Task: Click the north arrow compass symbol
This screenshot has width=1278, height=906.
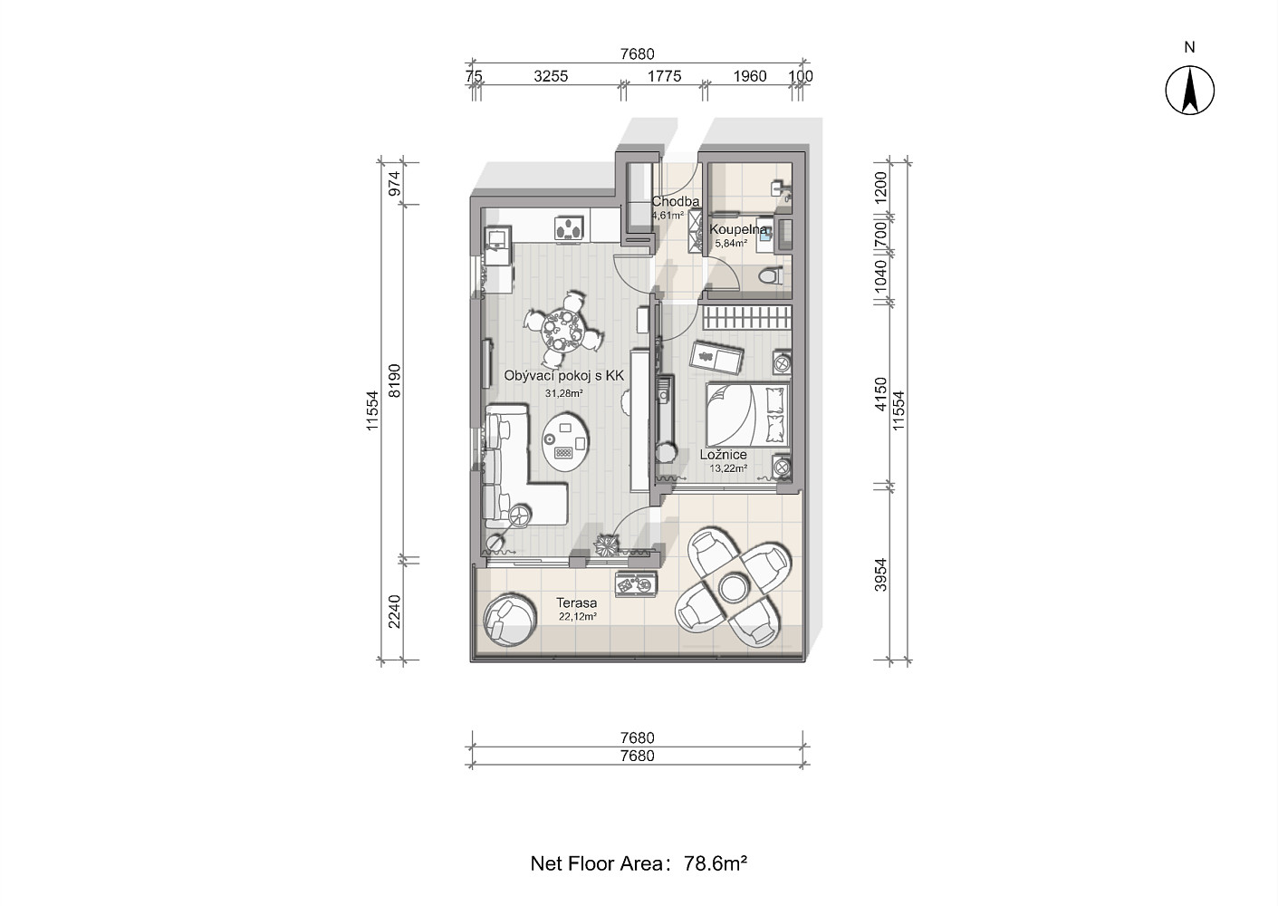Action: pos(1189,90)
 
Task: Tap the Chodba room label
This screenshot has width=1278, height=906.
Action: pos(676,201)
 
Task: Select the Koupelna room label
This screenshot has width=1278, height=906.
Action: pos(738,229)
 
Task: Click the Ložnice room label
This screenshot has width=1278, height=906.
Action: pos(724,455)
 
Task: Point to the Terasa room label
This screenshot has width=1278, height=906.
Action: pos(577,602)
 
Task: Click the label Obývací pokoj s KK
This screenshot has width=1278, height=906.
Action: pos(563,376)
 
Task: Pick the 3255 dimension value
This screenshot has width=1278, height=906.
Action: pos(551,76)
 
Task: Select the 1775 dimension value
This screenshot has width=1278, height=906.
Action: pos(664,76)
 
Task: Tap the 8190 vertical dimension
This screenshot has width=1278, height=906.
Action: pos(394,381)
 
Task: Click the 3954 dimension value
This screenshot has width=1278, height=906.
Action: pos(881,574)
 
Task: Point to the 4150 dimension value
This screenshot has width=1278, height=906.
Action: pos(881,394)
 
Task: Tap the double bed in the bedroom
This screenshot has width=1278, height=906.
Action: pos(748,415)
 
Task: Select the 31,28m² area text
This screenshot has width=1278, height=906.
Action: pos(563,393)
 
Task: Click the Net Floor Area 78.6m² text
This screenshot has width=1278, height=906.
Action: pos(639,863)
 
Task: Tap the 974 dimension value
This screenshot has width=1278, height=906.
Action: pos(394,183)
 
